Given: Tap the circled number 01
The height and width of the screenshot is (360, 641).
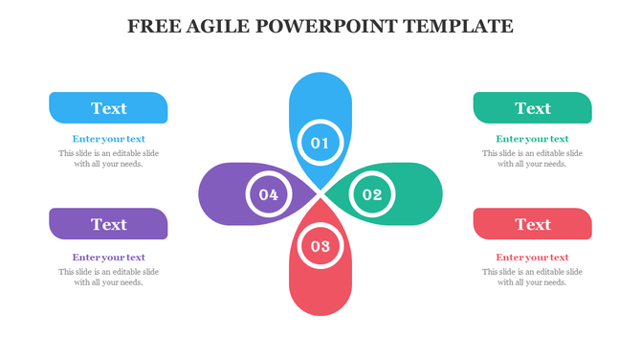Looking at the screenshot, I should (x=320, y=143).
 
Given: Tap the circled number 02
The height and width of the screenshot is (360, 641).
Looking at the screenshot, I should (x=371, y=195).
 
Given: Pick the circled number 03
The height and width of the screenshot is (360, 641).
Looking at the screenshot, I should (x=320, y=247).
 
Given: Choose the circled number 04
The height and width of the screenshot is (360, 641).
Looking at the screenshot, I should (x=268, y=195).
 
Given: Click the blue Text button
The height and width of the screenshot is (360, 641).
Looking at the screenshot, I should (x=108, y=108).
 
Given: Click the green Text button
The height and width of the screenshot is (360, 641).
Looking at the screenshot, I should (x=532, y=108).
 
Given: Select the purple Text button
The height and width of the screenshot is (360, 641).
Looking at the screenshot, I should (x=108, y=224).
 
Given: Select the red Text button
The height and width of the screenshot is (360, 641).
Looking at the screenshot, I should (x=532, y=224).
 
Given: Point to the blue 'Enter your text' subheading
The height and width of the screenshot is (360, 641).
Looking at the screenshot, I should (x=108, y=139).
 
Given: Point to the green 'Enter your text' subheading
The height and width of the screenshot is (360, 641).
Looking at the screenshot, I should (x=532, y=139).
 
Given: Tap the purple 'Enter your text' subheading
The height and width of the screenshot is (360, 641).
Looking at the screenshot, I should (x=108, y=257).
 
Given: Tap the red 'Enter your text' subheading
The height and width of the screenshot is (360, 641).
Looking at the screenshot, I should (x=532, y=257).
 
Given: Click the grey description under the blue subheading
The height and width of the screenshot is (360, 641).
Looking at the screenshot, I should (x=108, y=158).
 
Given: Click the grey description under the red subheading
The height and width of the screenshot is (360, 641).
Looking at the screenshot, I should (x=532, y=277).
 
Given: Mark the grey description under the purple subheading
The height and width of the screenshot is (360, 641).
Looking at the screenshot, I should (x=108, y=277).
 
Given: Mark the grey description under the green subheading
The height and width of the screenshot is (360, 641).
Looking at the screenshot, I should (x=532, y=158).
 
